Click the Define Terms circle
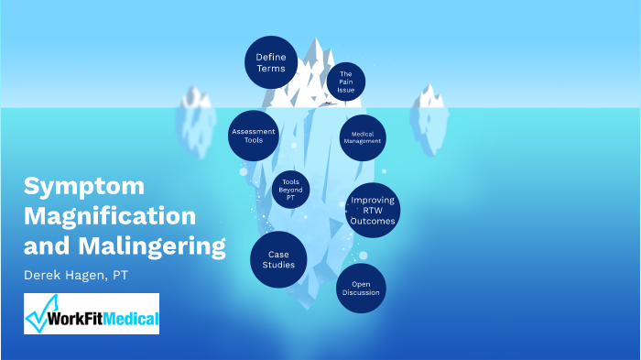pos(271,62)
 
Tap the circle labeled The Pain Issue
pos(346,81)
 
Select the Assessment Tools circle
pos(254,136)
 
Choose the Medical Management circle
pos(363,138)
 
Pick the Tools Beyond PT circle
pos(290,190)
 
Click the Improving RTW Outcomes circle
pos(373,210)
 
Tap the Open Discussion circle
pos(360,289)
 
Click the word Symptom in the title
pos(84,187)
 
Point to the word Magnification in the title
pos(110,217)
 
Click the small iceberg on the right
pos(429,110)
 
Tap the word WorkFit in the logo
pos(77,320)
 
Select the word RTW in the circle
pos(373,210)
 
